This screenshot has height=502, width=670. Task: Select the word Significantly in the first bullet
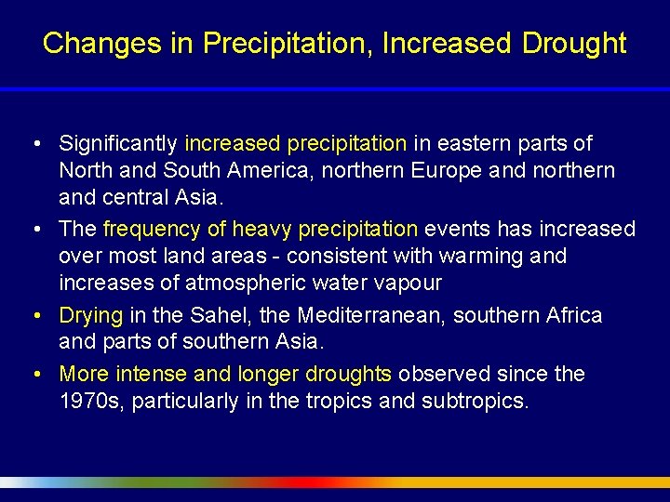pos(118,144)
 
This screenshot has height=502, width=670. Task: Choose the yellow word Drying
pos(88,316)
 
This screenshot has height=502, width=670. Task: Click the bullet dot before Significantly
pos(34,145)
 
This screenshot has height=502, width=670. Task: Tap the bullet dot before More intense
pos(34,375)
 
